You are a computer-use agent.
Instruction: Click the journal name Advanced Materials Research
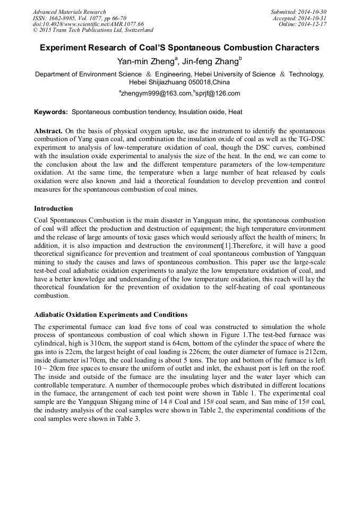69,12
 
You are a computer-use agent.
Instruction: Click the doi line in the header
88,24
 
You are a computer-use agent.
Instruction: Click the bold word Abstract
48,131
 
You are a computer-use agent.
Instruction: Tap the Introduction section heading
54,209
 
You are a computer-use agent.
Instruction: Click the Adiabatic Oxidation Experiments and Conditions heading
110,315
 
